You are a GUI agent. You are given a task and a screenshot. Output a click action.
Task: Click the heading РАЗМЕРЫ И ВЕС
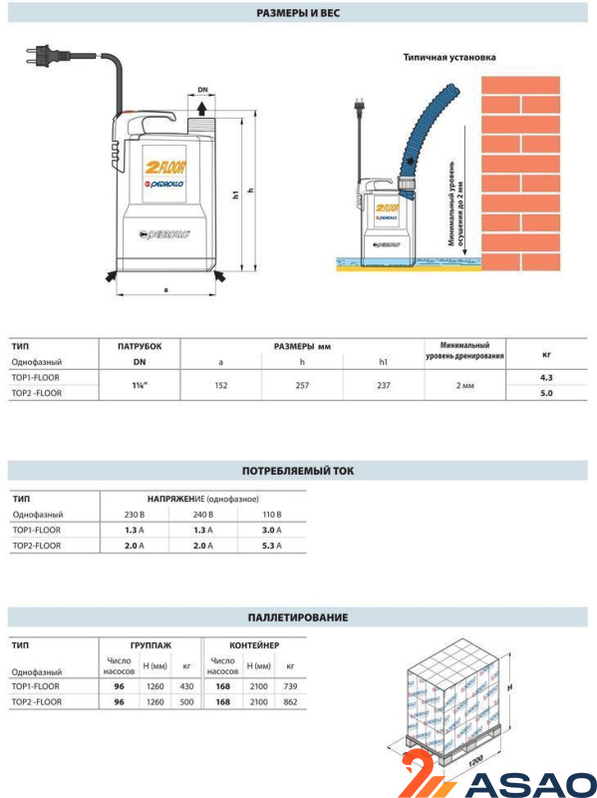point(298,13)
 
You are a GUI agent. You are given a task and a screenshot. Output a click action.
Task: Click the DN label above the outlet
point(202,90)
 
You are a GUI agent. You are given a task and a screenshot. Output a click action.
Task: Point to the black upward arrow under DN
point(202,109)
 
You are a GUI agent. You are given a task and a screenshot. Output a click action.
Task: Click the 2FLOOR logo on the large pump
point(165,167)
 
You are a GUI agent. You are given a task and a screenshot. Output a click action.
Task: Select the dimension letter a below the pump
point(165,290)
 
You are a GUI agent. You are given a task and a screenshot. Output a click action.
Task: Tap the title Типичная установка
point(449,58)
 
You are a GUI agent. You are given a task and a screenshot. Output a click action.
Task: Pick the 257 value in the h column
point(302,385)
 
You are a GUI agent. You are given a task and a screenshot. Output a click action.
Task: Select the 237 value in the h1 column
point(384,385)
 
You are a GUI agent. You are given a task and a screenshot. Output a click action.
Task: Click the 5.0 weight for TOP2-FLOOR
point(546,393)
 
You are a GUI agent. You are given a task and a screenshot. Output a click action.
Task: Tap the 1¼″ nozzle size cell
point(140,385)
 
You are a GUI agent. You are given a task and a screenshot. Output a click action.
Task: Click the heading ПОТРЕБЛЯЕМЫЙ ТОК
point(298,471)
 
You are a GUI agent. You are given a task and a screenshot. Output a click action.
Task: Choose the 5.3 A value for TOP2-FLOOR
point(271,546)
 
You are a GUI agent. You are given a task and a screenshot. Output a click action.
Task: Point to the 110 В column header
point(271,515)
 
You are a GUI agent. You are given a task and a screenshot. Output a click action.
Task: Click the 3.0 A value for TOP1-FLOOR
point(271,530)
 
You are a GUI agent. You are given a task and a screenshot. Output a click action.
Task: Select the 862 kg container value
point(290,702)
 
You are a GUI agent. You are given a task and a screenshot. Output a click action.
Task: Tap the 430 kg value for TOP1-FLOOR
point(186,686)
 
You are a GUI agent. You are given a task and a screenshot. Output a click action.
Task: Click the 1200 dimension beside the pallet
point(475,761)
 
